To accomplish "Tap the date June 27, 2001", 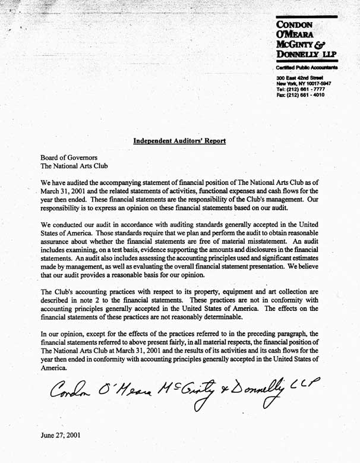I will point(61,434).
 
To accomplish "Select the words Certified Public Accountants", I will point(307,68).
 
